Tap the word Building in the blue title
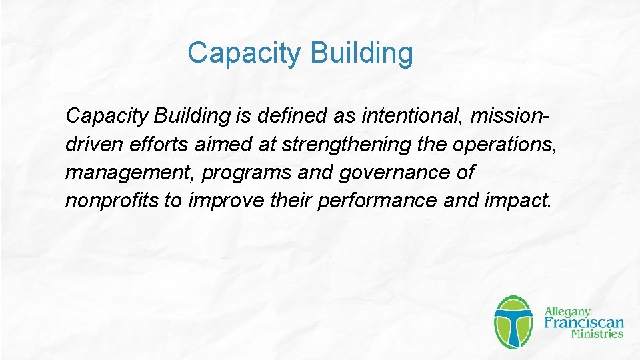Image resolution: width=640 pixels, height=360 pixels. (x=361, y=53)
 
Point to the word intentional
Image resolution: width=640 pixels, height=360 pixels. (x=412, y=116)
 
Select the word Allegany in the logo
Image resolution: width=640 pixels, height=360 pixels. (x=568, y=311)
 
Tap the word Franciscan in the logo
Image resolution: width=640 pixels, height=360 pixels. (x=584, y=323)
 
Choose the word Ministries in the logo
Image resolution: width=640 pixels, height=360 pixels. (x=597, y=335)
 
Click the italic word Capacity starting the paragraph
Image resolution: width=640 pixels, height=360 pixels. (x=107, y=116)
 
